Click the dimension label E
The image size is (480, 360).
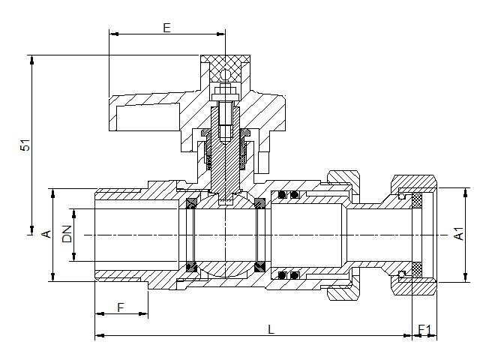(166, 28)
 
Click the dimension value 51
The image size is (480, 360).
(25, 145)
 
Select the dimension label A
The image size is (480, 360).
(46, 234)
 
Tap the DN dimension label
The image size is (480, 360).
(67, 234)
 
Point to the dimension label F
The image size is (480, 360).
(121, 307)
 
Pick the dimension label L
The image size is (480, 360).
(271, 329)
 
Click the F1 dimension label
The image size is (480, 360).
(424, 330)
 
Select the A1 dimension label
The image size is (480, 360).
(459, 234)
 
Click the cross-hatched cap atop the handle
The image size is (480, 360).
(226, 68)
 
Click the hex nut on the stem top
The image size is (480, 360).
(225, 91)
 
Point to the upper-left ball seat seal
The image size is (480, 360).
(192, 203)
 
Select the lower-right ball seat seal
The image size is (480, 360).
(259, 267)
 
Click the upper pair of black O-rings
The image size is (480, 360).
(288, 195)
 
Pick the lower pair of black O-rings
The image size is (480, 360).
(288, 275)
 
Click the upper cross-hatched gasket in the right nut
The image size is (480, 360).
(417, 200)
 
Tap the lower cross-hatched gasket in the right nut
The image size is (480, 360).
(417, 270)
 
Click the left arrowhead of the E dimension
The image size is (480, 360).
(114, 34)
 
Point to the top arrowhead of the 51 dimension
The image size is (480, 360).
(31, 60)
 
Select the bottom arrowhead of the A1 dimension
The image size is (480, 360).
(466, 277)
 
